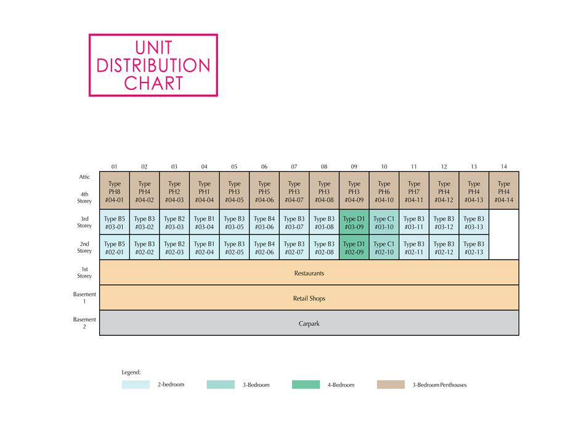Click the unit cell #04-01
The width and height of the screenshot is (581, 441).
[x=115, y=191]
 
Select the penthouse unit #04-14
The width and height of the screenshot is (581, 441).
[x=504, y=191]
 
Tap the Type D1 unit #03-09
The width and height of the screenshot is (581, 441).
[x=354, y=222]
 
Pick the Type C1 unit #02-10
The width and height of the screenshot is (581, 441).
[x=384, y=247]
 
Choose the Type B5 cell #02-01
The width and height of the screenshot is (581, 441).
[x=115, y=247]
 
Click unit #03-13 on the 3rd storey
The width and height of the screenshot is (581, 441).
[x=474, y=222]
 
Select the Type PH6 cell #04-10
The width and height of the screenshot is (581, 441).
[x=384, y=191]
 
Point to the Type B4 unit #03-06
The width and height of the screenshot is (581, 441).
[x=264, y=222]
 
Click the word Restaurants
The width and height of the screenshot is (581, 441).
[x=309, y=273]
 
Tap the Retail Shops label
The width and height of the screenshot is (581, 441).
[x=309, y=298]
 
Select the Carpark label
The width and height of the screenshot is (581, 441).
[x=309, y=324]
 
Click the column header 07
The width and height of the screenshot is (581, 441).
[x=294, y=167]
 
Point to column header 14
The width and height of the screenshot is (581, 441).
[x=504, y=167]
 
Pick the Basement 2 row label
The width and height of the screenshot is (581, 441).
[x=84, y=323]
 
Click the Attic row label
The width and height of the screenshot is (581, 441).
[x=84, y=177]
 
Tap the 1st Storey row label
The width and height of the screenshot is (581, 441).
[x=84, y=272]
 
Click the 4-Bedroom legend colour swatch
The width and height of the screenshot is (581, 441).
[x=306, y=385]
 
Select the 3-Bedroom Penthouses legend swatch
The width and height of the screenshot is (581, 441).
[x=391, y=385]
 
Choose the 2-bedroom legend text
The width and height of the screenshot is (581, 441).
[x=171, y=384]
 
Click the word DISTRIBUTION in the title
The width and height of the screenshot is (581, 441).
[x=153, y=65]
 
